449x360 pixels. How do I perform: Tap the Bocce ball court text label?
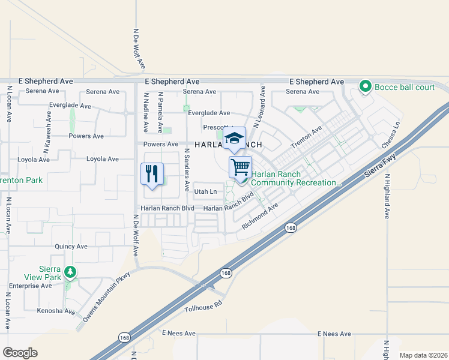405,87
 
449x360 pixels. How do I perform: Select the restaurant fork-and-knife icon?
152,174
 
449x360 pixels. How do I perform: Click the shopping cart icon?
240,167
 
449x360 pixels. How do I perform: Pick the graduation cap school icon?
234,138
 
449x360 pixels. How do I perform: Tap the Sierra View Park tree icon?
71,272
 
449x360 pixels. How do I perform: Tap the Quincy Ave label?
71,247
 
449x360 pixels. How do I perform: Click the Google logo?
20,353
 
